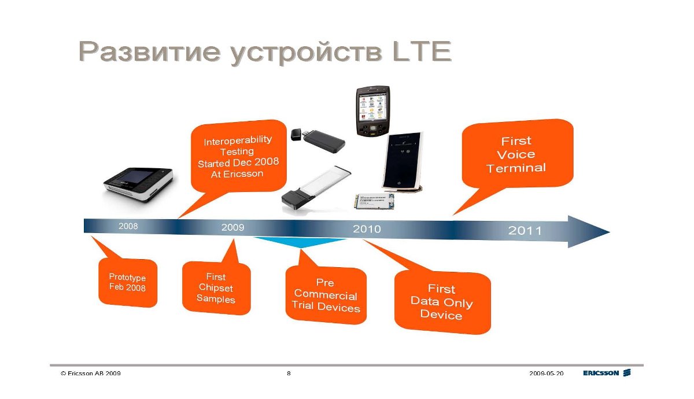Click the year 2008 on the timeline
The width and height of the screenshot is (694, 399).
tap(128, 226)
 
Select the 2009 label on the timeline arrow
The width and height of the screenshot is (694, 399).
tap(232, 227)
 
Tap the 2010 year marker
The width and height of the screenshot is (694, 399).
tap(367, 229)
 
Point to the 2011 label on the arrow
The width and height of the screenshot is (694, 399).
tap(525, 231)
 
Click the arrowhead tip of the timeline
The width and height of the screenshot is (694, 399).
tap(610, 232)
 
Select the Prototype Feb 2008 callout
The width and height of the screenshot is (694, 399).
tap(128, 282)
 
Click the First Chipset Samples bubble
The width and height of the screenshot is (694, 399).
tap(216, 288)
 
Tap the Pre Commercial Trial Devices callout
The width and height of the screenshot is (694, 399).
tap(326, 295)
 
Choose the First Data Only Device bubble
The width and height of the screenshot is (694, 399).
tap(442, 302)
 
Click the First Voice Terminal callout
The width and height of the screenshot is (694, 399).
tap(517, 154)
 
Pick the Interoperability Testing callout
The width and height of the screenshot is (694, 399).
tap(238, 157)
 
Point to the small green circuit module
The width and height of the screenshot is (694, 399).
tap(374, 201)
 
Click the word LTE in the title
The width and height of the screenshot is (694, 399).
tap(422, 51)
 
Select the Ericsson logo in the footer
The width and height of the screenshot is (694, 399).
tap(607, 372)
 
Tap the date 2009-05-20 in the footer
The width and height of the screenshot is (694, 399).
tap(546, 374)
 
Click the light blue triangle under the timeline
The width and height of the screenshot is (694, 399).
tap(300, 242)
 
